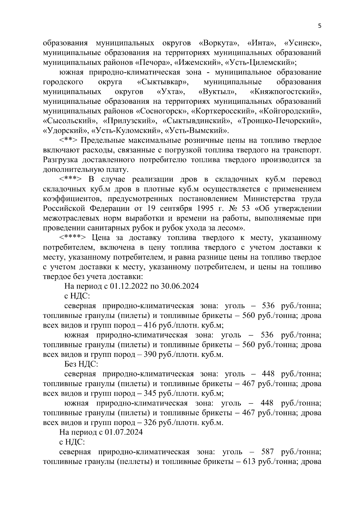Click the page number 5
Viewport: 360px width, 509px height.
click(x=319, y=26)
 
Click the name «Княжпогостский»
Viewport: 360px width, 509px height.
click(x=285, y=91)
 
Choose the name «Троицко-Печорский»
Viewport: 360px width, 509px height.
click(x=279, y=121)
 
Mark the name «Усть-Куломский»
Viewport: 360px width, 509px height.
click(x=126, y=130)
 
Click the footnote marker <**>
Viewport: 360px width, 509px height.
click(x=68, y=140)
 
